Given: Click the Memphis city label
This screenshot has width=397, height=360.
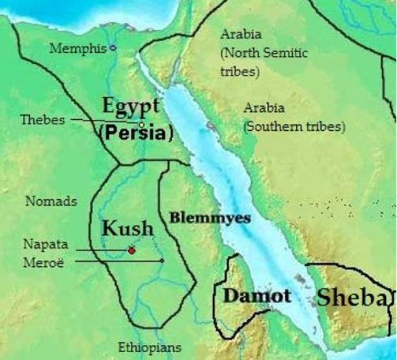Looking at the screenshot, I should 78,48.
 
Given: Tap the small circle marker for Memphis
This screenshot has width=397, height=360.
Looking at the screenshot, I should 113,48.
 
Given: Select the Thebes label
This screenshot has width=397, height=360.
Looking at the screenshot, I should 43,120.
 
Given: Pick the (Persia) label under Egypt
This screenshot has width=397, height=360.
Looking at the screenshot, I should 137,134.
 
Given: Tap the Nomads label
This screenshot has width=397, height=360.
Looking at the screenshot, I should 51,202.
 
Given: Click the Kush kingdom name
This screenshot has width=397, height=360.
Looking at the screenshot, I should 128,228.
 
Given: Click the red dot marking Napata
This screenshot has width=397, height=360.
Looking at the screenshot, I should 131,250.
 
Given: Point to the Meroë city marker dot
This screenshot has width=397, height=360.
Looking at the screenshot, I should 162,261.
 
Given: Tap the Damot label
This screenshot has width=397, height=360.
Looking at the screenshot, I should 256,296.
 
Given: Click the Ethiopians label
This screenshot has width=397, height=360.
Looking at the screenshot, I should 149,347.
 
